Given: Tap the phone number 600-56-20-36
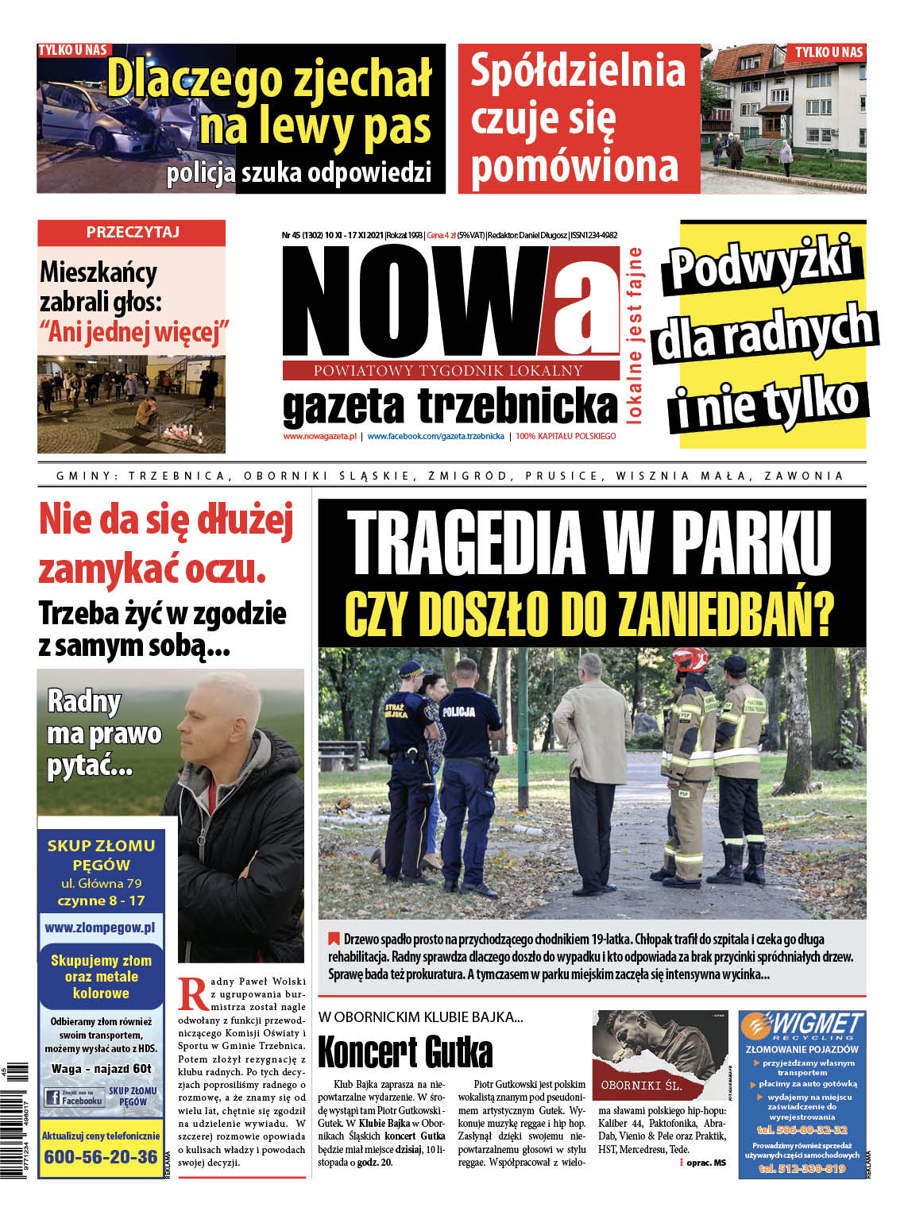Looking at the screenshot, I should pos(101,1157).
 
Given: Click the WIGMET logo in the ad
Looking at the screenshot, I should pos(802,1026).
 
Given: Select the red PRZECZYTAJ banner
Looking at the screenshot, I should pos(132,232).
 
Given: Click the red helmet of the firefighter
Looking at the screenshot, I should pos(690,658).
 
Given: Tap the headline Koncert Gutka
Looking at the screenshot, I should pos(405,1051).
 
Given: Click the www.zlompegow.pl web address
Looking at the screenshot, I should pos(100,928).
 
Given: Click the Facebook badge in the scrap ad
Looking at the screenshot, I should pos(75,1098).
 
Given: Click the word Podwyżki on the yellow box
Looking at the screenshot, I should pos(761,263).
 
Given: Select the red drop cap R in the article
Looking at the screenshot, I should pos(192,993).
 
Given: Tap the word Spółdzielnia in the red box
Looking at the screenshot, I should pos(578,71).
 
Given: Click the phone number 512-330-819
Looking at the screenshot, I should pos(802,1169).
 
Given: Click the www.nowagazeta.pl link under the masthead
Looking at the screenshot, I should pos(319,436).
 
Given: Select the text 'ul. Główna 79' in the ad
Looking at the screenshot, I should pos(101,883).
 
